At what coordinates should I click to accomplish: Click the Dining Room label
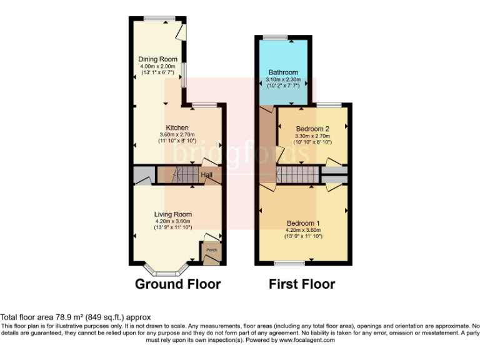click(154, 60)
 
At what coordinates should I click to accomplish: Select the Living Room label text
click(172, 214)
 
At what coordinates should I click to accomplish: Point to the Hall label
click(206, 176)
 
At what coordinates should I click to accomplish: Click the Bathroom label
click(283, 72)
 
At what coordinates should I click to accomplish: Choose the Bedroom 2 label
click(312, 129)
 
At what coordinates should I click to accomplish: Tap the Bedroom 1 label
click(303, 223)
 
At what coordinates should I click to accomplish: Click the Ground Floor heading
click(177, 284)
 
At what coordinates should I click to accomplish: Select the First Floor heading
click(302, 284)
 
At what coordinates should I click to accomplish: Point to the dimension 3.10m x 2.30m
click(283, 79)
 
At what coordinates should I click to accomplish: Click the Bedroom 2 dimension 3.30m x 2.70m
click(312, 136)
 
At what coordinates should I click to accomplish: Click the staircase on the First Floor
click(297, 174)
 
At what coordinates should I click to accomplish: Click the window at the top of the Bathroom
click(274, 37)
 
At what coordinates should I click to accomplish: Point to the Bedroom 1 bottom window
click(289, 264)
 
